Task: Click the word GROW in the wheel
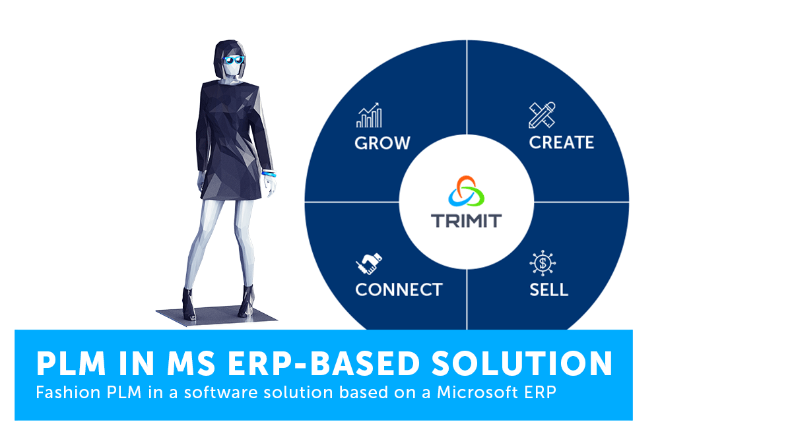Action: pyautogui.click(x=382, y=143)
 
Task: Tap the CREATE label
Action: pyautogui.click(x=562, y=142)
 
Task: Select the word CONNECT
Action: pyautogui.click(x=399, y=289)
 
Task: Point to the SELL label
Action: pyautogui.click(x=548, y=289)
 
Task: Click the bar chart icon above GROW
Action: pyautogui.click(x=369, y=115)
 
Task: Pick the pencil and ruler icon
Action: pyautogui.click(x=542, y=115)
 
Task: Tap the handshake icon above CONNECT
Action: pyautogui.click(x=369, y=264)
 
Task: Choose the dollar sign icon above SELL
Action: pyautogui.click(x=543, y=263)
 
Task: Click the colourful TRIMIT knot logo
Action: pyautogui.click(x=467, y=191)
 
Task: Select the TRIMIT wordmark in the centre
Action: pyautogui.click(x=467, y=221)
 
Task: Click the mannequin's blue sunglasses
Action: pyautogui.click(x=234, y=60)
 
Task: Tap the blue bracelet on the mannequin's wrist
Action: pyautogui.click(x=269, y=173)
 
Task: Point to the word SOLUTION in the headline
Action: pyautogui.click(x=522, y=363)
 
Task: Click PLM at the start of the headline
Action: pyautogui.click(x=71, y=364)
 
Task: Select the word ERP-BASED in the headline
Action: pyautogui.click(x=323, y=363)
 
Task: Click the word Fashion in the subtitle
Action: pyautogui.click(x=68, y=392)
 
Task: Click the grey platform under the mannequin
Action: pyautogui.click(x=216, y=315)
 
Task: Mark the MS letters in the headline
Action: pyautogui.click(x=191, y=364)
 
